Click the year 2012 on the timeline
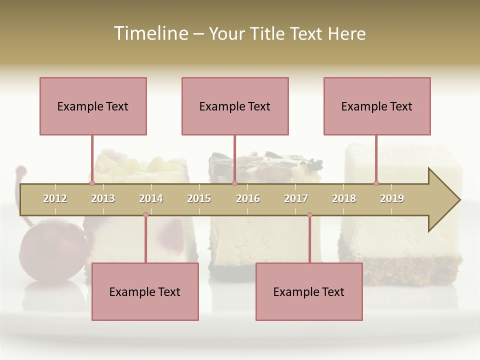(x=55, y=198)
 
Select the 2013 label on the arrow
(x=103, y=198)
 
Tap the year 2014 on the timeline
(x=151, y=198)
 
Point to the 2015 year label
(x=199, y=198)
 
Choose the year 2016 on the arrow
(x=248, y=198)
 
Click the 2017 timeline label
(x=296, y=198)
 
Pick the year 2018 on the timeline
(x=344, y=198)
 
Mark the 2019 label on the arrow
(x=392, y=198)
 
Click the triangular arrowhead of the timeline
(x=443, y=200)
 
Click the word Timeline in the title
(x=150, y=33)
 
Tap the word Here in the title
(x=346, y=34)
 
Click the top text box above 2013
(x=93, y=106)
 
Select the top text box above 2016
(x=235, y=106)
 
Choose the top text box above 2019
(x=377, y=106)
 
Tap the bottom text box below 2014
(x=145, y=291)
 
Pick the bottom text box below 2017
(x=309, y=291)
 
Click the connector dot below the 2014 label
(x=145, y=215)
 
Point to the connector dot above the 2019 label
(x=376, y=183)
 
